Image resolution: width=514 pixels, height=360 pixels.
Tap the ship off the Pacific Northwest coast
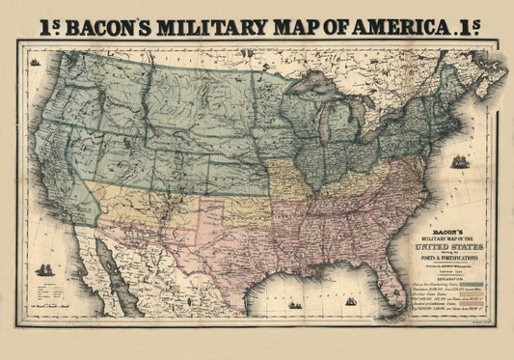[36, 62]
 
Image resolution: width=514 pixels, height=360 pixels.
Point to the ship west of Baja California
[44, 269]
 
